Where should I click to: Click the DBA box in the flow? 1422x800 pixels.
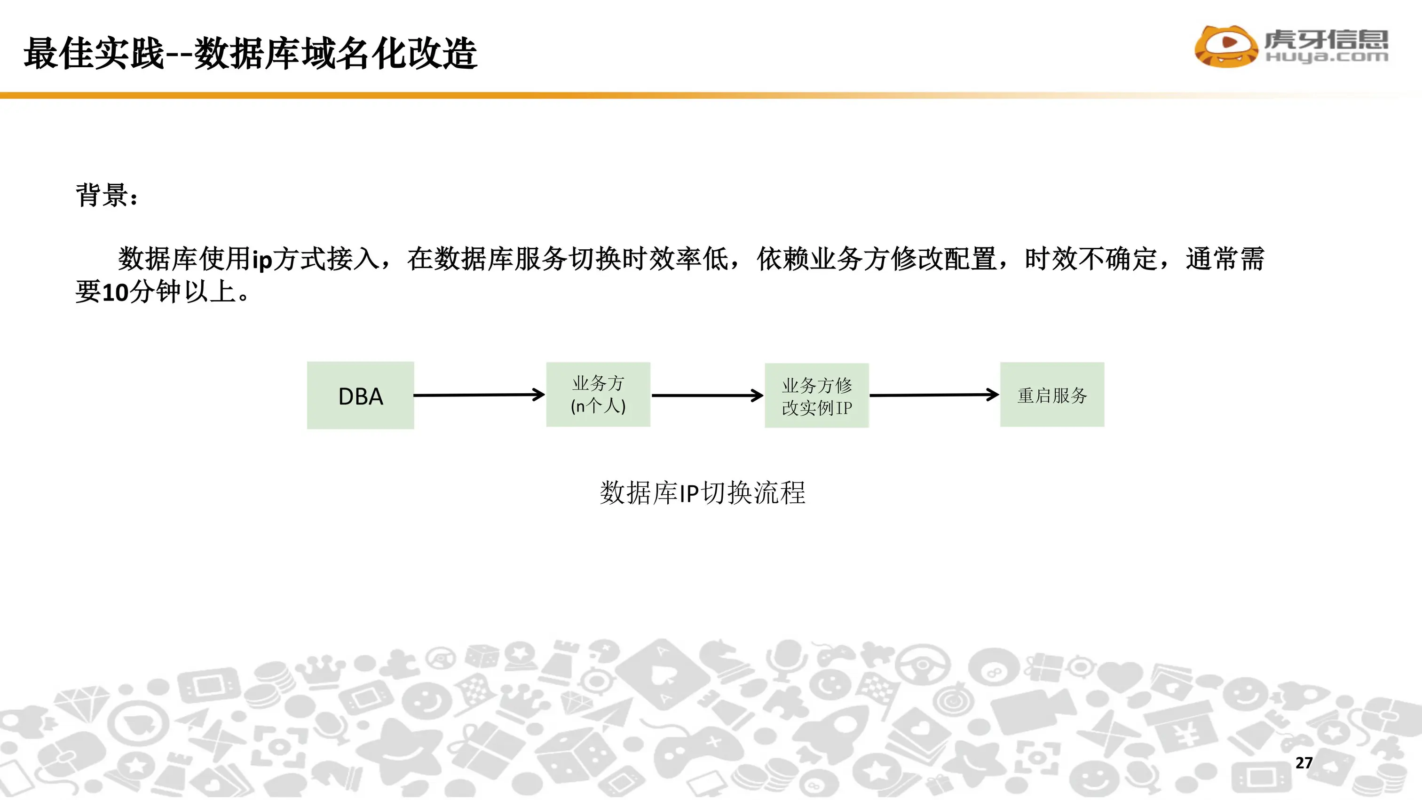[x=361, y=396]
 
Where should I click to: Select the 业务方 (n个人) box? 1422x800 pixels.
[x=598, y=394]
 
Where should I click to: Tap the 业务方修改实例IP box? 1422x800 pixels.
[x=816, y=396]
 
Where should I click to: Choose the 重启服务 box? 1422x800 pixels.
[x=1052, y=395]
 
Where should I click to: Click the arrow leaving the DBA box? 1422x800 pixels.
[x=479, y=395]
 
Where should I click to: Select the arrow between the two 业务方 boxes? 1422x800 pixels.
[x=707, y=396]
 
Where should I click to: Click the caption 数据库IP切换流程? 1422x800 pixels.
[x=702, y=492]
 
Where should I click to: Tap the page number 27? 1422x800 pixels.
[x=1303, y=762]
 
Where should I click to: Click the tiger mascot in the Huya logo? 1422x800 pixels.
[x=1226, y=47]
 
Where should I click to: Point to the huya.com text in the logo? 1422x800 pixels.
[x=1327, y=57]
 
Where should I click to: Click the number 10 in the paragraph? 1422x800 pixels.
[x=115, y=292]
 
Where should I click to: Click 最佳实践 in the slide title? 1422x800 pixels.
[x=94, y=54]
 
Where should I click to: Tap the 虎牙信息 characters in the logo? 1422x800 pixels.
[x=1326, y=39]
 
